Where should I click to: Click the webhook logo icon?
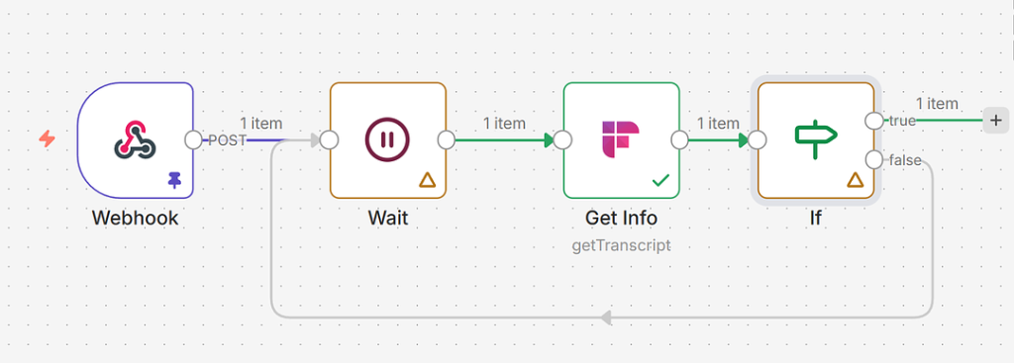(135, 139)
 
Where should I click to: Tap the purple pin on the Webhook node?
(174, 180)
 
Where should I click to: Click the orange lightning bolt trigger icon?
(47, 138)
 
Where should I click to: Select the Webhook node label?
(135, 218)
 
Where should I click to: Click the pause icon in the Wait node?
(387, 139)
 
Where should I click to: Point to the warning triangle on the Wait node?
(427, 180)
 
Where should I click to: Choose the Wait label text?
(388, 218)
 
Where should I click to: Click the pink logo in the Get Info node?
(621, 139)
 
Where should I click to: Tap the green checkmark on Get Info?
(660, 181)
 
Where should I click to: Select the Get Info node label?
(621, 218)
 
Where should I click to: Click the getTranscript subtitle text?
(621, 246)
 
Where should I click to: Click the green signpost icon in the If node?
(816, 138)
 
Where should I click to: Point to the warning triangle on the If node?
(855, 180)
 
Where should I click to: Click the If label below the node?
(816, 218)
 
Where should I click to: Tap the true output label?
(902, 120)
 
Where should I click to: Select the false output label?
(905, 160)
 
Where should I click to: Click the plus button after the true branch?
(996, 120)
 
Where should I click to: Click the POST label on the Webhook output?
(227, 140)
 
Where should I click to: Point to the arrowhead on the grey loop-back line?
(605, 318)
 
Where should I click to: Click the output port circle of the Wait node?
(447, 139)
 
